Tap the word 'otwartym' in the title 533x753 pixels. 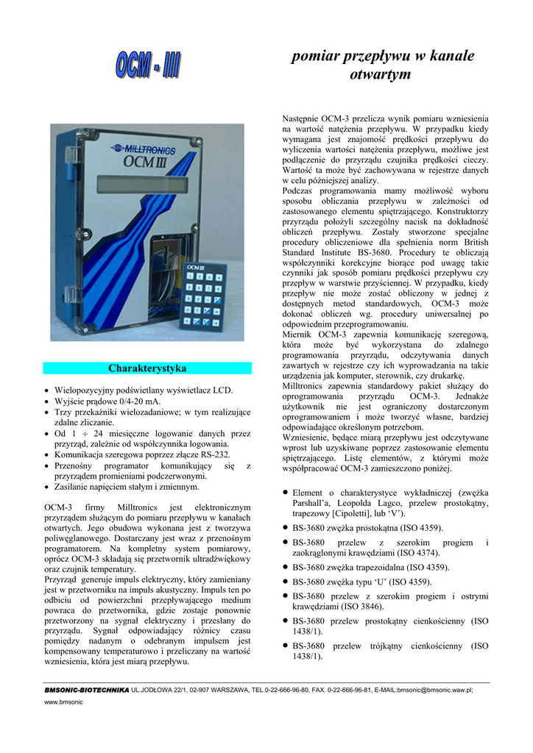379,74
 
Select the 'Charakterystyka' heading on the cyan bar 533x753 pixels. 147,368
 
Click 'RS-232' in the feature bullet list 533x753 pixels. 206,454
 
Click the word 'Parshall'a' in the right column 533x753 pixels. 314,503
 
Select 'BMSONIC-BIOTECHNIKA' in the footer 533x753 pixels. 86,690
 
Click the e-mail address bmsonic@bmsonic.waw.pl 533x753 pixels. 432,690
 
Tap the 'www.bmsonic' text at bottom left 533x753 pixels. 64,702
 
